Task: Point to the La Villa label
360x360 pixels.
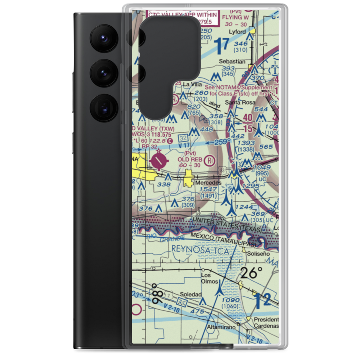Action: coord(191,84)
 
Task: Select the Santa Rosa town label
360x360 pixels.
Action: coord(237,102)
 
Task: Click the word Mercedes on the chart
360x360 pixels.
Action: coord(208,183)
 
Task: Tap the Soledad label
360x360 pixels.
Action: coord(191,294)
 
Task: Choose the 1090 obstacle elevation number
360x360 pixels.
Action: coord(230,300)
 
